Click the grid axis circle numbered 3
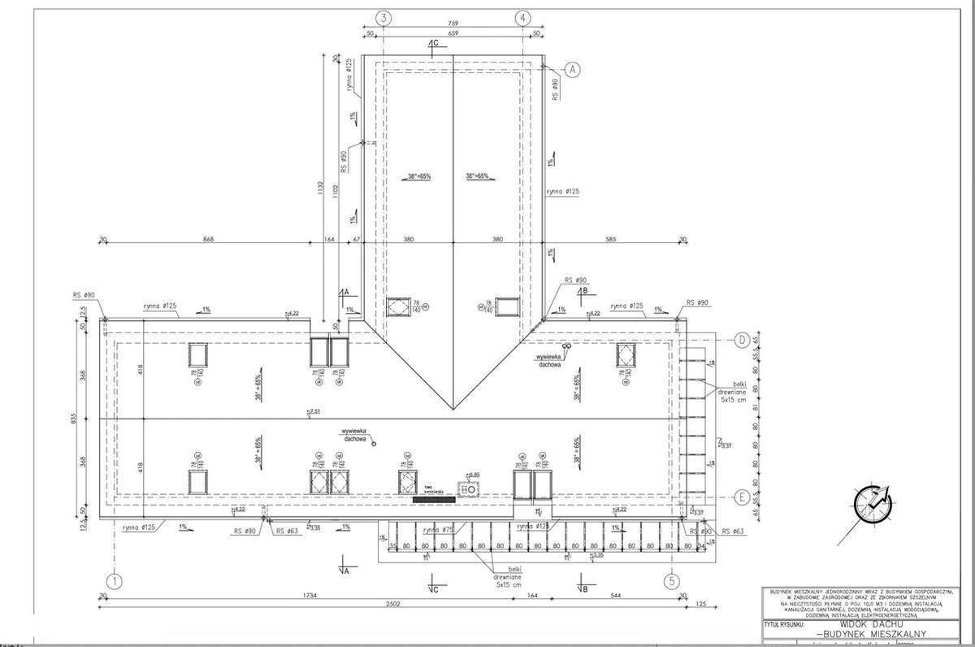[x=384, y=16]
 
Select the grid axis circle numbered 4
[x=522, y=16]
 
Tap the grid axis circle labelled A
[x=572, y=70]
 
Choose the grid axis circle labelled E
[x=741, y=497]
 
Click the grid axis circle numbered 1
[x=115, y=581]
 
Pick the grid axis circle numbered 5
[x=671, y=581]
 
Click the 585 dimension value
[x=610, y=239]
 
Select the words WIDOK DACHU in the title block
[x=867, y=626]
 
